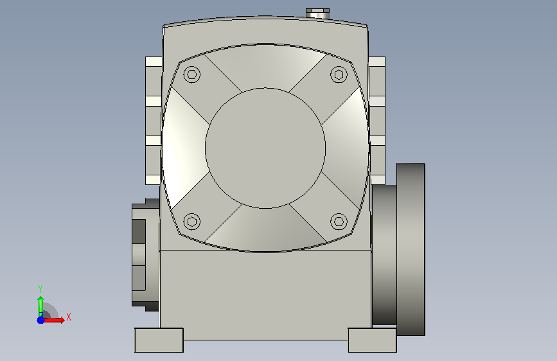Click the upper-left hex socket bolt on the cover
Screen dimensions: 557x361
point(192,75)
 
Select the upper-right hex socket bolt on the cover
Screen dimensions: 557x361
point(339,75)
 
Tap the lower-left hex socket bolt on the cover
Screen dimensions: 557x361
point(192,222)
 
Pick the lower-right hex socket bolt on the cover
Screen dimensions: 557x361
point(339,222)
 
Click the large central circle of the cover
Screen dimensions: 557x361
point(265,148)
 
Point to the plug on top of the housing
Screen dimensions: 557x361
point(317,13)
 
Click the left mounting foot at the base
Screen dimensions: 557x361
point(159,340)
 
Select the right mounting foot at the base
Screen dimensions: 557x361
point(372,340)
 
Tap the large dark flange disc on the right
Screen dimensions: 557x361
point(411,249)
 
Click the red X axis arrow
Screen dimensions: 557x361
point(54,320)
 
